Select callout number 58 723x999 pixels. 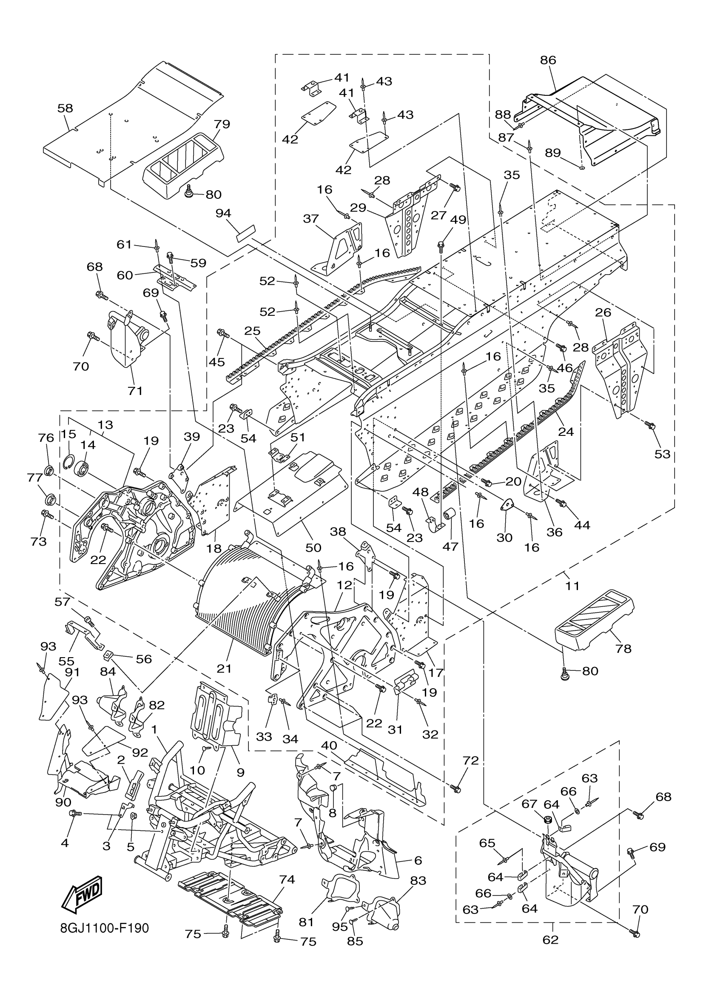[x=65, y=109]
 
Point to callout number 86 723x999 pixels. [x=548, y=60]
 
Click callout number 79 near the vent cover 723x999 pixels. [x=222, y=124]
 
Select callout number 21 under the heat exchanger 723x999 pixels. [x=225, y=669]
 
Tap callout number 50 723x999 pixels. [x=313, y=547]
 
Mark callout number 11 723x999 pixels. [x=572, y=586]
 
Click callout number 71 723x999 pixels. [x=135, y=390]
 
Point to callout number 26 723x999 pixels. [x=603, y=313]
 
